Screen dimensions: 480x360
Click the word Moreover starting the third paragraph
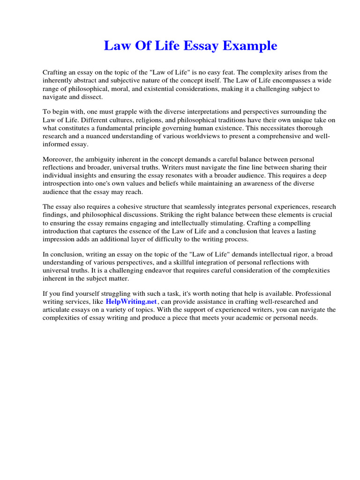click(x=58, y=159)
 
